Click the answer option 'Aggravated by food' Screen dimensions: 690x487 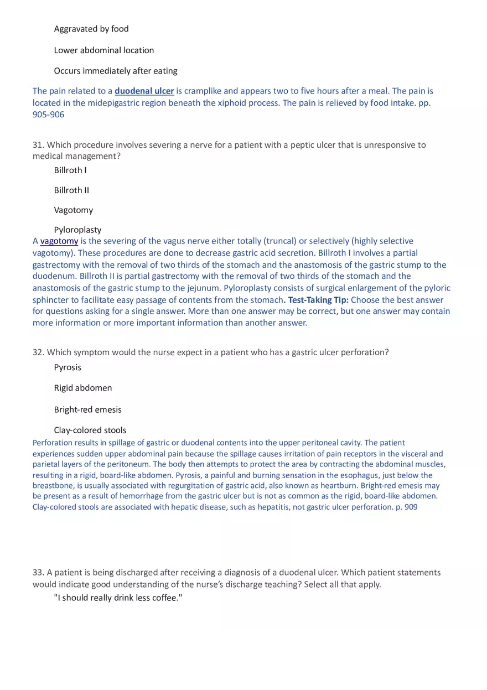click(91, 29)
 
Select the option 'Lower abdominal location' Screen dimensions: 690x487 click(104, 50)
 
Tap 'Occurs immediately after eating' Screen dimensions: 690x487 click(116, 71)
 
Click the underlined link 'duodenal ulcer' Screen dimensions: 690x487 click(144, 91)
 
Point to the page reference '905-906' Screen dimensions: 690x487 click(48, 115)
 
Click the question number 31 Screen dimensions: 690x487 click(38, 145)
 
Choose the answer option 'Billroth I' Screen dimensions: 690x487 click(70, 170)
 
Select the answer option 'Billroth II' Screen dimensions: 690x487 click(71, 190)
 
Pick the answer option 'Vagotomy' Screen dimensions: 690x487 click(74, 210)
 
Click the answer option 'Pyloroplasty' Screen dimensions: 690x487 click(77, 230)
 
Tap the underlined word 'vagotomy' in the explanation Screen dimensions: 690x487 click(59, 241)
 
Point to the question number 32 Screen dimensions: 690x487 click(38, 352)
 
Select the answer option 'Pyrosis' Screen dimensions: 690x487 click(68, 367)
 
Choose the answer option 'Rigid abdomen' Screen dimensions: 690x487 click(83, 388)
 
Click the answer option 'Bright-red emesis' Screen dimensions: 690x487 click(87, 409)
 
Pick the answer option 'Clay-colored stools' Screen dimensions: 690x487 click(90, 430)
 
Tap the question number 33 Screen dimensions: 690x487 click(38, 573)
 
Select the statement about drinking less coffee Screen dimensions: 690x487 click(118, 599)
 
